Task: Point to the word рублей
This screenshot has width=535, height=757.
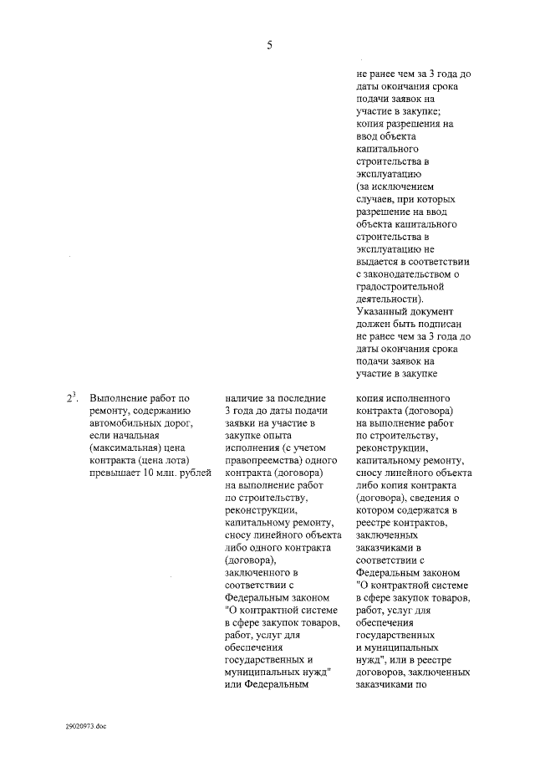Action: click(x=190, y=473)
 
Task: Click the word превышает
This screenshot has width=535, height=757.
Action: click(x=112, y=473)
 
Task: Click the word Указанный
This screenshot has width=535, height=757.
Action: click(x=381, y=311)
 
